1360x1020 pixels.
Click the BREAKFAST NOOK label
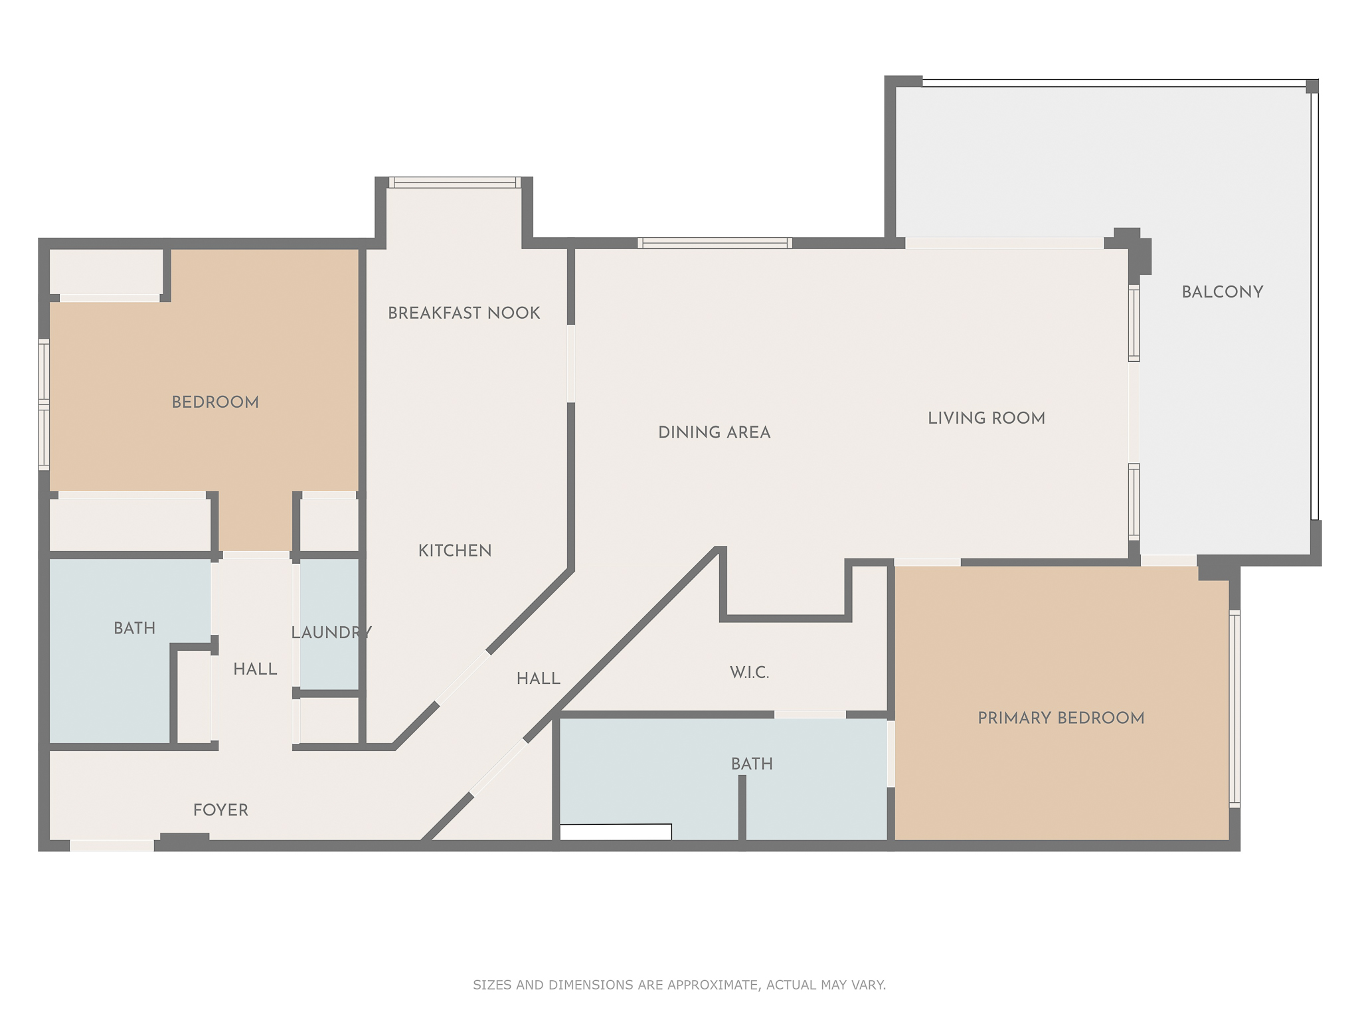pos(464,313)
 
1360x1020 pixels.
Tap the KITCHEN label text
pos(455,551)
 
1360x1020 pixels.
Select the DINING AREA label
pos(714,432)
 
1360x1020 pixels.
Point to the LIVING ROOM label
pos(986,418)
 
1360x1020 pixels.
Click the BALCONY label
pos(1222,292)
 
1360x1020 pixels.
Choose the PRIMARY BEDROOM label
pos(1061,718)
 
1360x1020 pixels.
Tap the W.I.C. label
pos(749,673)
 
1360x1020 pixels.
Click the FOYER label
pos(220,810)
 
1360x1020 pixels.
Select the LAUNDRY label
pos(331,633)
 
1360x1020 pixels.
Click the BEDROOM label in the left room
pos(215,402)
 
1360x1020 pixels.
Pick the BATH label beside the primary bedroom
pos(752,764)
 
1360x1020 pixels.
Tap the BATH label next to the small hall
pos(134,628)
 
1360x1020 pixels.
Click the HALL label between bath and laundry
pos(255,669)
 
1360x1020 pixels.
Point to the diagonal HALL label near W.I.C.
pos(538,679)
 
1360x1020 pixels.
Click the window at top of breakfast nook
pos(454,182)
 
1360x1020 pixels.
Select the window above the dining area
pos(715,243)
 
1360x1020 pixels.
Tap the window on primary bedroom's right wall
pos(1234,709)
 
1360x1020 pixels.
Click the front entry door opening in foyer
pos(112,845)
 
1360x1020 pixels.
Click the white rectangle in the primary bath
pos(615,832)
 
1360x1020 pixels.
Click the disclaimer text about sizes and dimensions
pos(679,985)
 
